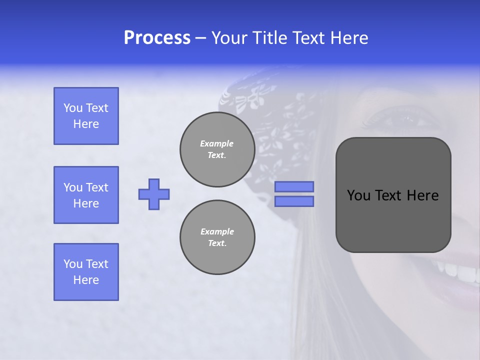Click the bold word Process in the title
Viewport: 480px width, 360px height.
157,38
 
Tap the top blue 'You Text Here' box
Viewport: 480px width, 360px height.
86,116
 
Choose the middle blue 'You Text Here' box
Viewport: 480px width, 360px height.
86,195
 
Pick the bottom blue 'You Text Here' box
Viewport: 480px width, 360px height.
86,272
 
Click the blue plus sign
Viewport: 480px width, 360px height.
154,194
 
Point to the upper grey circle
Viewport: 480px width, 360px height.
217,149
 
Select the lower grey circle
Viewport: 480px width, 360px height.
217,237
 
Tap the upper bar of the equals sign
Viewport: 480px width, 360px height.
294,186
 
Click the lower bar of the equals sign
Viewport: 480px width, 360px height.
294,201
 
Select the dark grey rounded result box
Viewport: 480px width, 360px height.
393,195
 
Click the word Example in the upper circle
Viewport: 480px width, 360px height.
217,143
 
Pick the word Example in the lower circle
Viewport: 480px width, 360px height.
217,231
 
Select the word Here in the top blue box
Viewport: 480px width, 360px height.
86,124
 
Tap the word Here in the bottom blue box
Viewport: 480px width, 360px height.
86,280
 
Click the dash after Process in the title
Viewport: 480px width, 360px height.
201,38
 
